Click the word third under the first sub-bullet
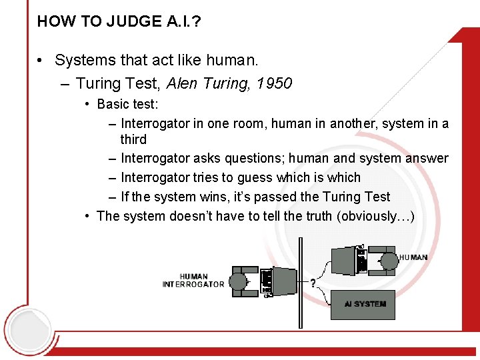point(133,139)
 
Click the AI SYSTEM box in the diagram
point(364,304)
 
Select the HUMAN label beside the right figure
point(413,257)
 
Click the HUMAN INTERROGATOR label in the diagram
point(193,280)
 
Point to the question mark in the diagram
point(313,283)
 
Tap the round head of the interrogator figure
point(238,281)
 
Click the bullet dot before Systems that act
point(41,61)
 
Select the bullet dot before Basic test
point(88,104)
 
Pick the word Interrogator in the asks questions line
point(155,159)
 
